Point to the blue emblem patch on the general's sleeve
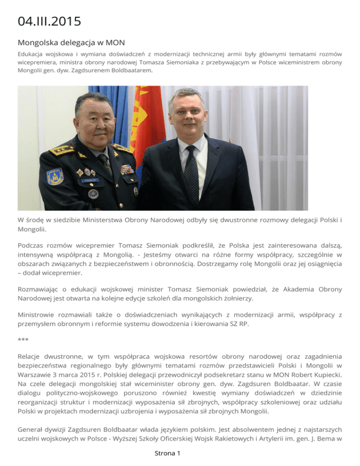click(55, 176)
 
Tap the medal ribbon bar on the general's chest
click(127, 169)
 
